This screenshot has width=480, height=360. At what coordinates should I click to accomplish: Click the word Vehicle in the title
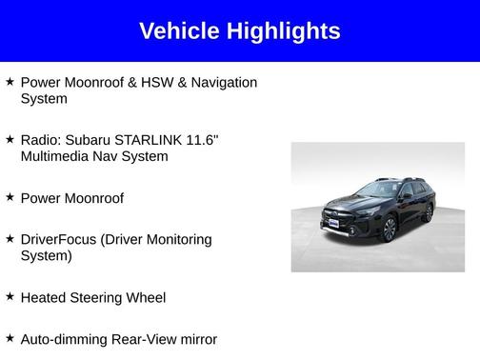point(178,31)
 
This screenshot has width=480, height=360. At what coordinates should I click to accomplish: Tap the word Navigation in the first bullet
point(224,83)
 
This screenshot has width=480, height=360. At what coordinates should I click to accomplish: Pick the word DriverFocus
point(63,239)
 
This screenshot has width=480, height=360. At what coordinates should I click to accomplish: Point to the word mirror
point(197,339)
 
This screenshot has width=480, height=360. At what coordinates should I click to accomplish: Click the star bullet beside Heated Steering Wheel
point(10,296)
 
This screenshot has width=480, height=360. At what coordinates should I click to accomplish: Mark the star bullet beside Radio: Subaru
point(10,139)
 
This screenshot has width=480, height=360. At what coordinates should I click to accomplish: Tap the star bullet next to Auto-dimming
point(10,338)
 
